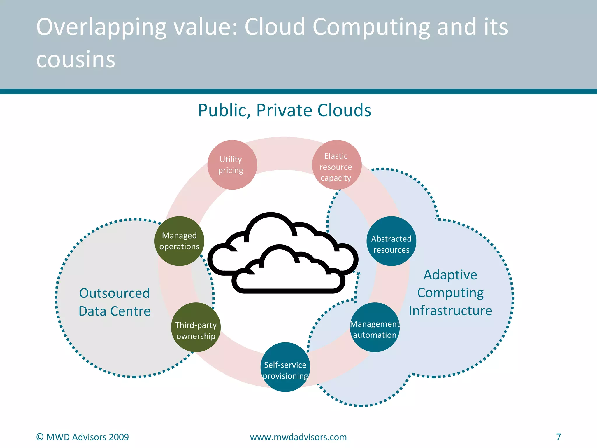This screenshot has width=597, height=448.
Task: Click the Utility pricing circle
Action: (232, 165)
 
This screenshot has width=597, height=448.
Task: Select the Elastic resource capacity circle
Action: (337, 165)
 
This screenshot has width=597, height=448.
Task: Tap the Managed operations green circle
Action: (179, 241)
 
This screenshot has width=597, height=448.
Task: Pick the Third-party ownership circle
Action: (196, 327)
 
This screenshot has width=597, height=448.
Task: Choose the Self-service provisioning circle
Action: (285, 367)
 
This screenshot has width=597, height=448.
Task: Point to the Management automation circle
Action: (375, 327)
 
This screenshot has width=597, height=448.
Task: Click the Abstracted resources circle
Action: (391, 241)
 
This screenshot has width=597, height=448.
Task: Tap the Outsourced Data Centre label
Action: (115, 302)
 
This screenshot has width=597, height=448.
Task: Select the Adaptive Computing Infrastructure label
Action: (450, 293)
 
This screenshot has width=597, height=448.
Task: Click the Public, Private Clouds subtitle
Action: (285, 110)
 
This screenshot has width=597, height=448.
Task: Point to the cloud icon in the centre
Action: (283, 254)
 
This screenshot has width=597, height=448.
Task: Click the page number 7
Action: (559, 437)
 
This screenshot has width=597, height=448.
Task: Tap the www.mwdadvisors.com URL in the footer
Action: (298, 437)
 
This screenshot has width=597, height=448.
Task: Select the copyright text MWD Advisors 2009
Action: (82, 437)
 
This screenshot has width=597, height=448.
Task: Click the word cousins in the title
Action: (76, 60)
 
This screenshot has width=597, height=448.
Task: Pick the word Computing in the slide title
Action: (371, 28)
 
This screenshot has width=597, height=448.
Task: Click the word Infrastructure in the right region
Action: (450, 311)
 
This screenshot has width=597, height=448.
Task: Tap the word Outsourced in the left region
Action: (115, 293)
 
